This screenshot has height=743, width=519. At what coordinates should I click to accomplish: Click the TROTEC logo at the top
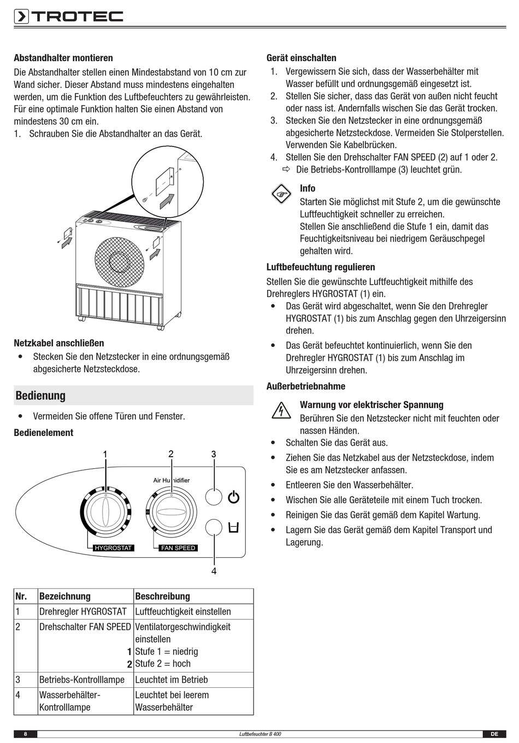(x=69, y=17)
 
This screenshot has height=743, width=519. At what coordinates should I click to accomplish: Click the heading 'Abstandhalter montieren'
(x=63, y=58)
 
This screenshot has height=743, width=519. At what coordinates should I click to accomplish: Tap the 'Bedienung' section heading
(x=40, y=396)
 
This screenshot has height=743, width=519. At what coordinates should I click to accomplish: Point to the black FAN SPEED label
(x=178, y=548)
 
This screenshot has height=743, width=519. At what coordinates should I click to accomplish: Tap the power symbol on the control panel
(x=234, y=497)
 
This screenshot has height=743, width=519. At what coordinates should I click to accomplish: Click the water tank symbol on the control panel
(x=234, y=528)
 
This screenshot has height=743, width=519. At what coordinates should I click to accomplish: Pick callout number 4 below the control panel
(x=214, y=571)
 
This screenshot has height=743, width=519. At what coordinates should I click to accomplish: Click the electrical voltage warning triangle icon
(x=281, y=411)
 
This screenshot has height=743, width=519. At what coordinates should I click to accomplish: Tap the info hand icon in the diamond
(x=281, y=194)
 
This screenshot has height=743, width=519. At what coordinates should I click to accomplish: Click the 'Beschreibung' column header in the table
(x=162, y=597)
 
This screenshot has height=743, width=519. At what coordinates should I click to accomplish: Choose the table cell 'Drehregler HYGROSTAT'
(x=83, y=612)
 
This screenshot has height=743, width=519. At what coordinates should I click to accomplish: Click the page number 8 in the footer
(x=25, y=734)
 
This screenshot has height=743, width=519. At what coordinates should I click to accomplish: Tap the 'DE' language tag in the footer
(x=494, y=734)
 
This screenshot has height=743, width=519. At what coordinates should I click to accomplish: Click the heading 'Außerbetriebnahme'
(x=306, y=386)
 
